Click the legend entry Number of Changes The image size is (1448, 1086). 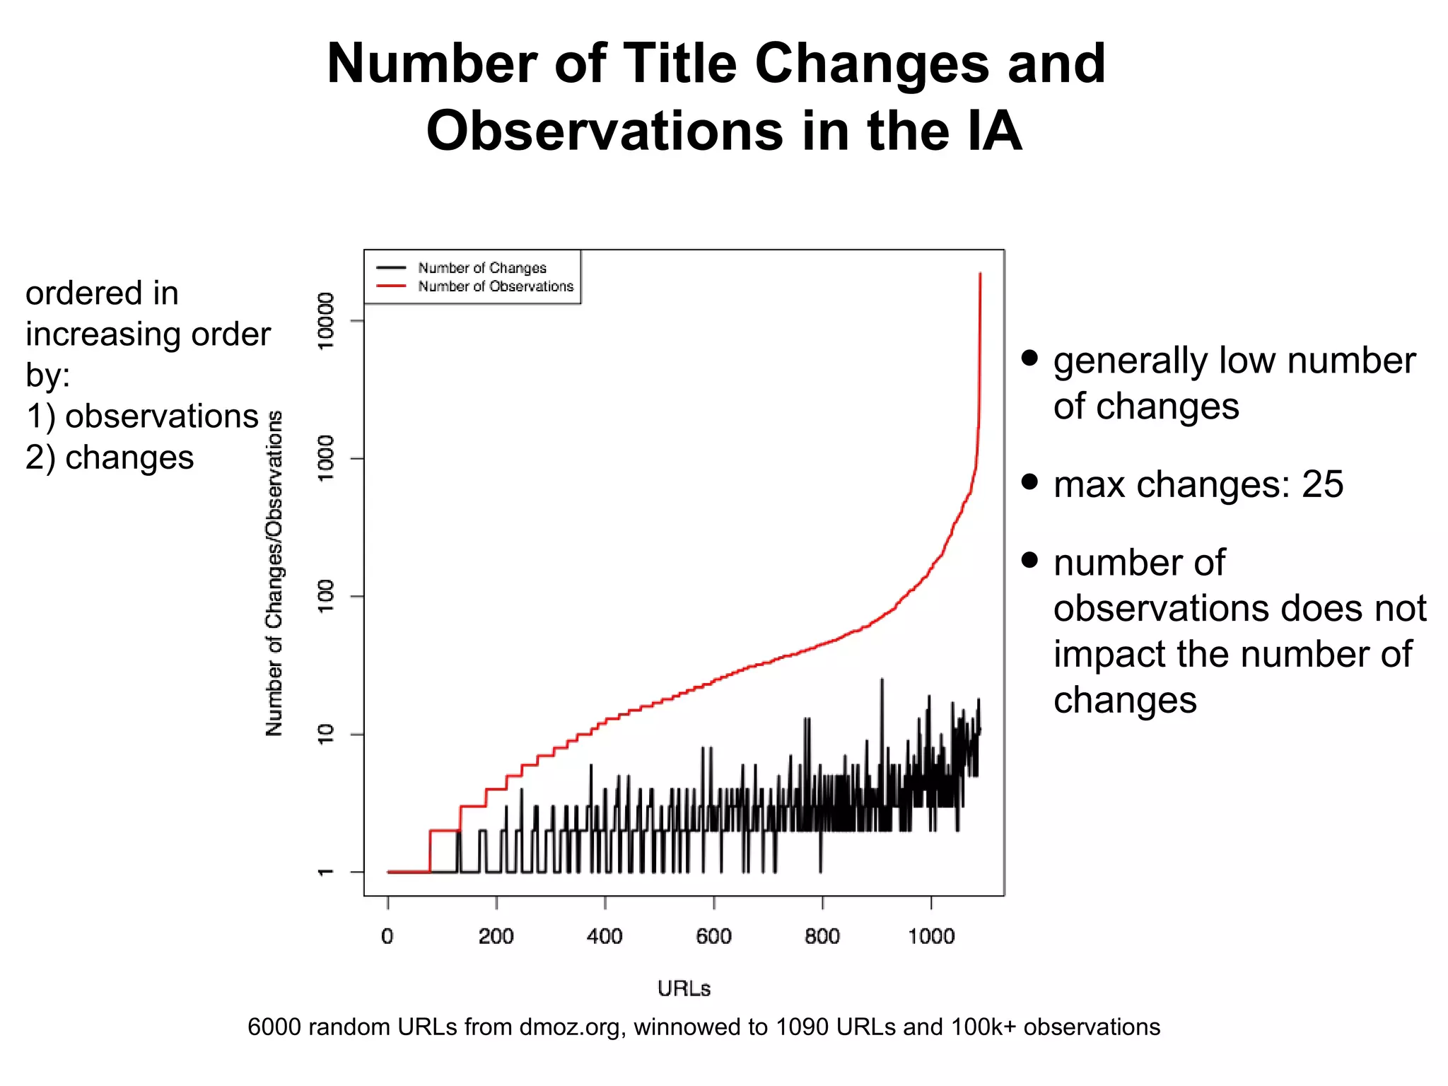click(x=481, y=268)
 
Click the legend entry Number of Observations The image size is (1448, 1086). click(x=495, y=286)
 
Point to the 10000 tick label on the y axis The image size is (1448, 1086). click(x=325, y=321)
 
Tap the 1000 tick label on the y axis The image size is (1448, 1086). click(x=325, y=458)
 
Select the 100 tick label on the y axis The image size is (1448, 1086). click(x=325, y=596)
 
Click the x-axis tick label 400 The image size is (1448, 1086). click(x=605, y=937)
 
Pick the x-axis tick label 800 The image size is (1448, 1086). click(x=822, y=937)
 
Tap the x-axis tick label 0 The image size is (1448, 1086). click(x=387, y=937)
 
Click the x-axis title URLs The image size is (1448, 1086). click(x=684, y=988)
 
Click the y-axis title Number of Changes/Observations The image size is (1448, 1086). click(x=274, y=573)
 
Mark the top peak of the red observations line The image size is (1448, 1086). click(x=980, y=274)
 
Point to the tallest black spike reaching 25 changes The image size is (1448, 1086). click(x=882, y=680)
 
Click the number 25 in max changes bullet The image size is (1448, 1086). click(x=1322, y=485)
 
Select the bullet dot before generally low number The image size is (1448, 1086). click(x=1030, y=358)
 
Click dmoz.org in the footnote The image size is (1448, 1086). click(x=569, y=1027)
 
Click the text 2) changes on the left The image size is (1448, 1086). click(x=110, y=457)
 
